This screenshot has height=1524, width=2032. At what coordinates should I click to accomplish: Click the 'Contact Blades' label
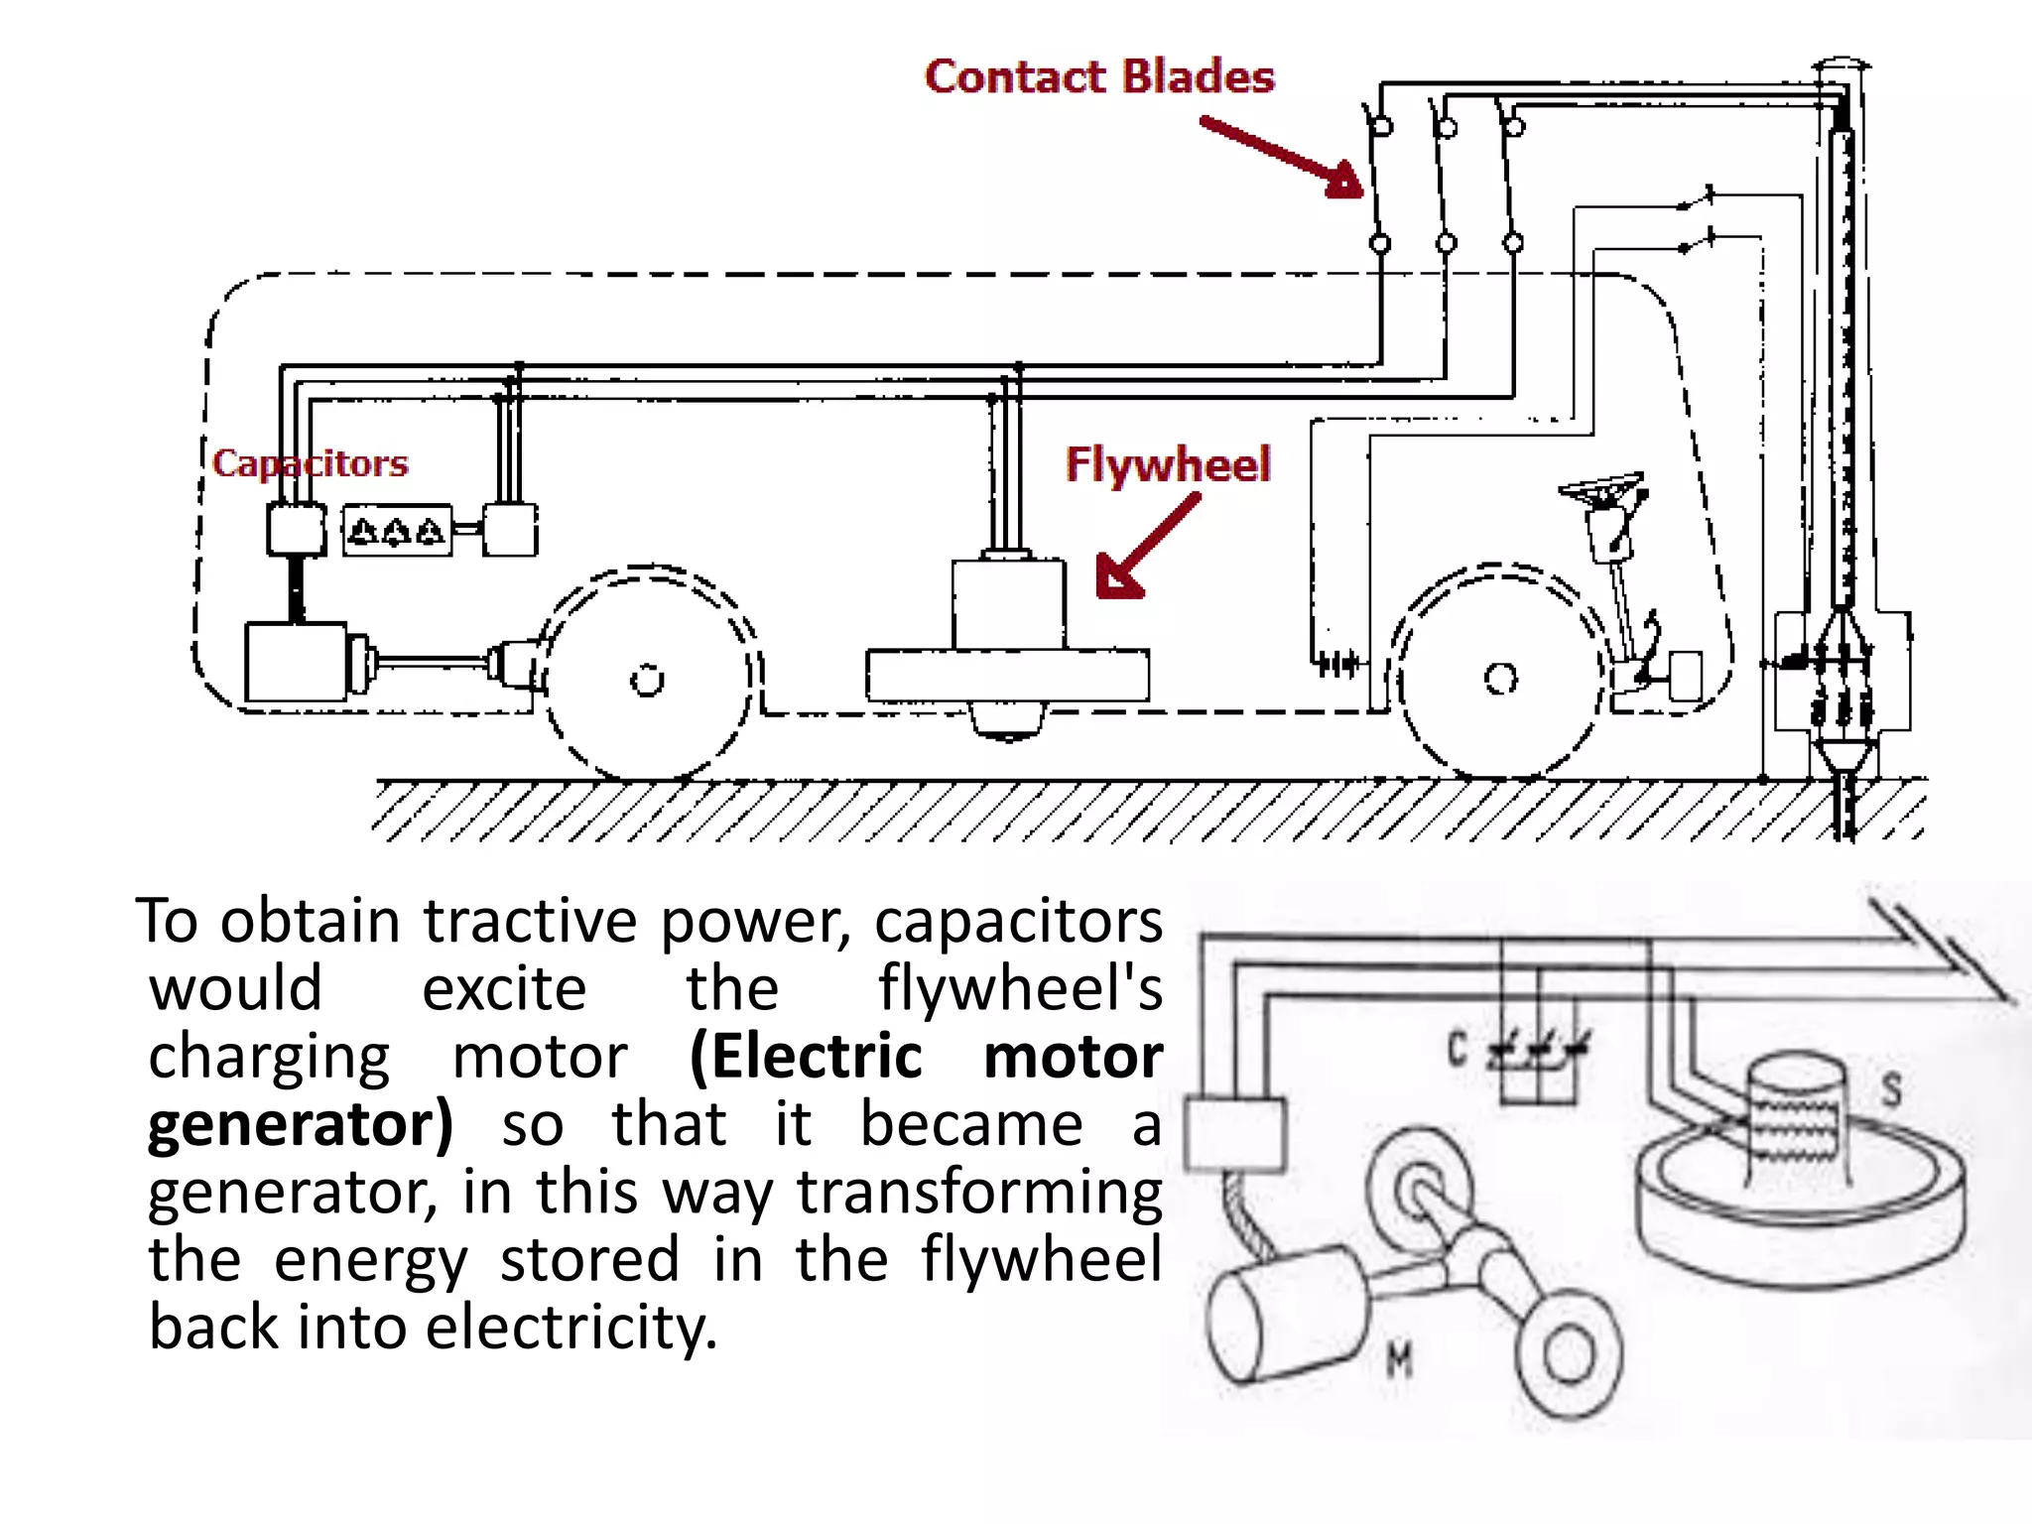[1098, 77]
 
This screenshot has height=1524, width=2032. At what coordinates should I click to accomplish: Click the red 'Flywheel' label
[1167, 464]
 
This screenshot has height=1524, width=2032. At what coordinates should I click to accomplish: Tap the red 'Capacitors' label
[310, 463]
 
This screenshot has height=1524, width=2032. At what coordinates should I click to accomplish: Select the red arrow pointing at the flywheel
[1146, 549]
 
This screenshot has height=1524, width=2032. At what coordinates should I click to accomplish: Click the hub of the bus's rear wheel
[647, 682]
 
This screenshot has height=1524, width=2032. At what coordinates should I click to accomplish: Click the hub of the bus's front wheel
[1500, 680]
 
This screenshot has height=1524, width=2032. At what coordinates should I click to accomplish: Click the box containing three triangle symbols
[397, 531]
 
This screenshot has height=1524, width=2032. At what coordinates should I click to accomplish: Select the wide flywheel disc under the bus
[1007, 675]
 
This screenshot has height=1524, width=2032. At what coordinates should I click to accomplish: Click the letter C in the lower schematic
[1457, 1049]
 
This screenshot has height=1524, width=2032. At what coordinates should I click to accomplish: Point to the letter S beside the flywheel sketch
[1891, 1089]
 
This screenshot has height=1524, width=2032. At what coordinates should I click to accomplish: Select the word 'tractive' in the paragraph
[532, 922]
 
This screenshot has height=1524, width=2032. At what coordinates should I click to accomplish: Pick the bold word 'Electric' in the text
[807, 1056]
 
